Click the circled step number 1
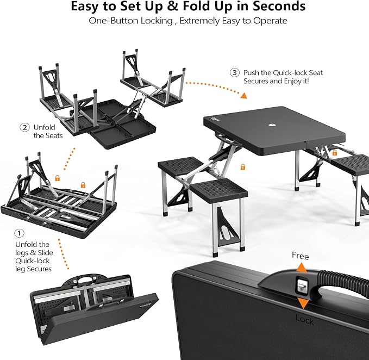click(20, 233)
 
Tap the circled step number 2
click(24, 127)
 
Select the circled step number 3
click(235, 72)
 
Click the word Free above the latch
click(301, 256)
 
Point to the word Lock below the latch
click(304, 320)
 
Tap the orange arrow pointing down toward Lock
click(303, 303)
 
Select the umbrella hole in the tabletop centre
click(272, 125)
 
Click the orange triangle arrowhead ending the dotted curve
click(243, 95)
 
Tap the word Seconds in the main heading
click(279, 7)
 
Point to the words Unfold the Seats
click(48, 132)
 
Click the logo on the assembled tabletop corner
click(215, 120)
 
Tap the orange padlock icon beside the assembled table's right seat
click(334, 153)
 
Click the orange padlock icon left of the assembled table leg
click(243, 167)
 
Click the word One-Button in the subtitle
click(113, 21)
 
